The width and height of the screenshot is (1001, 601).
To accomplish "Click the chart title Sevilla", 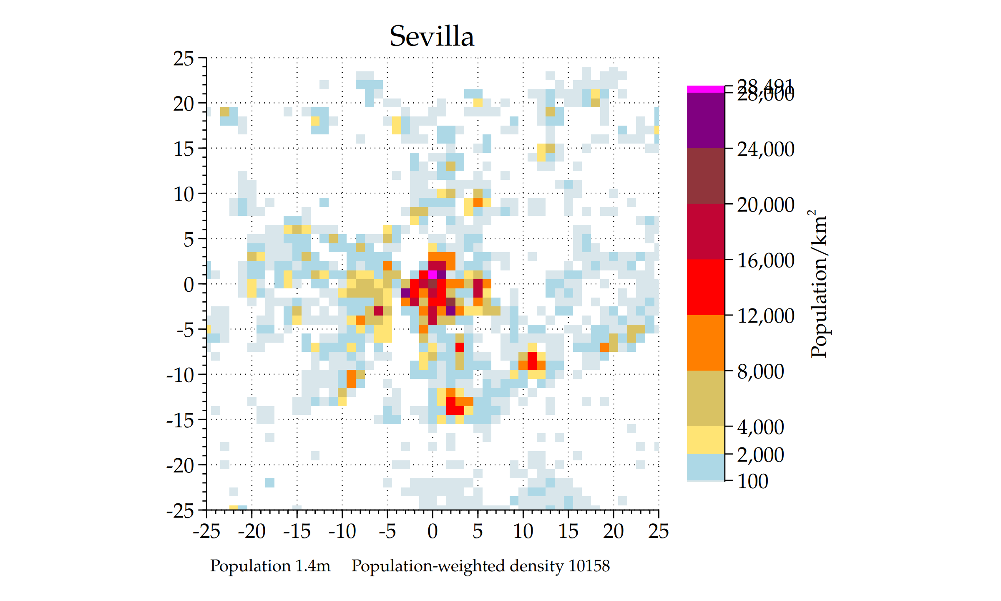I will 432,36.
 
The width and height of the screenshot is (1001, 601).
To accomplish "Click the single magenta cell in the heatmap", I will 433,275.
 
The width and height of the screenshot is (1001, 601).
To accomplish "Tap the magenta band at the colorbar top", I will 705,89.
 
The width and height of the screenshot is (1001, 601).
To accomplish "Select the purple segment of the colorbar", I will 705,120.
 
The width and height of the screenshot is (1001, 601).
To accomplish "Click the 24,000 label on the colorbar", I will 765,149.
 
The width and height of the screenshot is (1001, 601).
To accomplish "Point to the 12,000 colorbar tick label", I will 765,316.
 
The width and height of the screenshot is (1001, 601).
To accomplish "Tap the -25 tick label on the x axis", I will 206,531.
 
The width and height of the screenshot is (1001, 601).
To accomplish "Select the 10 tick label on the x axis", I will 523,531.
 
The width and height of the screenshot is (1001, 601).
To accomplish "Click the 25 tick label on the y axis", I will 184,58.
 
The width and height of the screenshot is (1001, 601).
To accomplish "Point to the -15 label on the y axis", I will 180,420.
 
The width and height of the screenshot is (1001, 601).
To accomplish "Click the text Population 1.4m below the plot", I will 270,566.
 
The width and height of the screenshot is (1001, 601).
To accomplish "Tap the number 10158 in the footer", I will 589,566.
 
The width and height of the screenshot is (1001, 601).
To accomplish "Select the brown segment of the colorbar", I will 705,176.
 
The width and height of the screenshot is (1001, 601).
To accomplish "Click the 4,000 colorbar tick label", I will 760,427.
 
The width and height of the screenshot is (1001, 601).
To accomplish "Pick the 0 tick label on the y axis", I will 189,285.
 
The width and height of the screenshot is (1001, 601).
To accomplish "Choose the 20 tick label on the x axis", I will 613,531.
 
